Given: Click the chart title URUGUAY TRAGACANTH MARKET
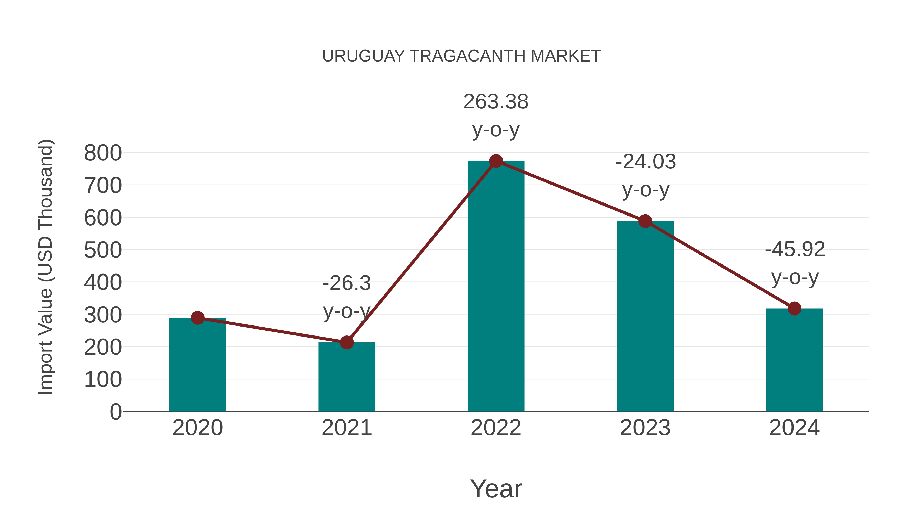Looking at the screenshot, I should pos(461,56).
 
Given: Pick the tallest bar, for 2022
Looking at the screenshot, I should pos(496,287).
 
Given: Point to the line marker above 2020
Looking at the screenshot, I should pos(197,318).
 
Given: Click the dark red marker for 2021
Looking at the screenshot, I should pos(346,342).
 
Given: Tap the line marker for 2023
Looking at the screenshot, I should pos(645,221).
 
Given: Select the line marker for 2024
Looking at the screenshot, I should pos(794,308).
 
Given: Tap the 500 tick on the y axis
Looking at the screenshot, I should pos(103,250).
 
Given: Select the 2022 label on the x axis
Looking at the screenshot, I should pos(496,428).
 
